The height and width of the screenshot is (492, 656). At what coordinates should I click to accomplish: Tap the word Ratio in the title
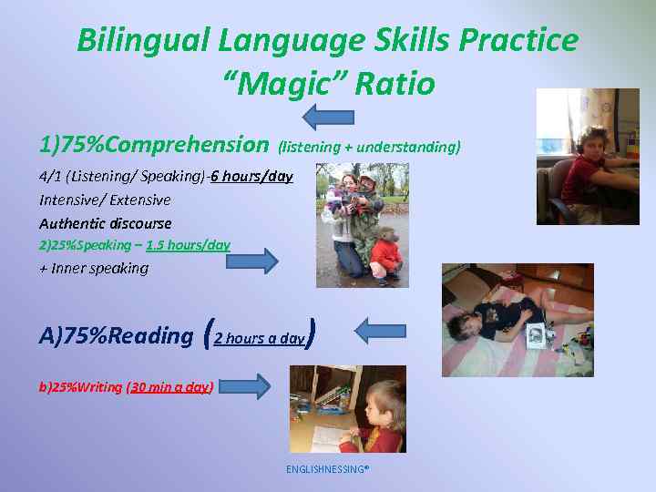(395, 85)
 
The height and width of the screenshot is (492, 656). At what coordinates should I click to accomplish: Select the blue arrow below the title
(328, 116)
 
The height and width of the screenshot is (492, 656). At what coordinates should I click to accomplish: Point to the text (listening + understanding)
(369, 146)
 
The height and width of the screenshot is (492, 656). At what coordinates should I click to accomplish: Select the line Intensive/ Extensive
(105, 200)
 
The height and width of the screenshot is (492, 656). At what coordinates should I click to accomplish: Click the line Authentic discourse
(105, 223)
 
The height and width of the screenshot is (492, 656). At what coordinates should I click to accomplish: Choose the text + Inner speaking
(93, 268)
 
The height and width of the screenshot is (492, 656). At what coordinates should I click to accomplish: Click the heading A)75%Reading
(116, 335)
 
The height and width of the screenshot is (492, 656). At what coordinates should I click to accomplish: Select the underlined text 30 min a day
(170, 387)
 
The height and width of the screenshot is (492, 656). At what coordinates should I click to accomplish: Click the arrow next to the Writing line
(245, 386)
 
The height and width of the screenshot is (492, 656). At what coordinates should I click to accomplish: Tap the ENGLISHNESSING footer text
(327, 469)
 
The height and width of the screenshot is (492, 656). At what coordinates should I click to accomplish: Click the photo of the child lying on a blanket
(517, 320)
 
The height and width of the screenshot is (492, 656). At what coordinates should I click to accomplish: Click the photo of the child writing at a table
(347, 409)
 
